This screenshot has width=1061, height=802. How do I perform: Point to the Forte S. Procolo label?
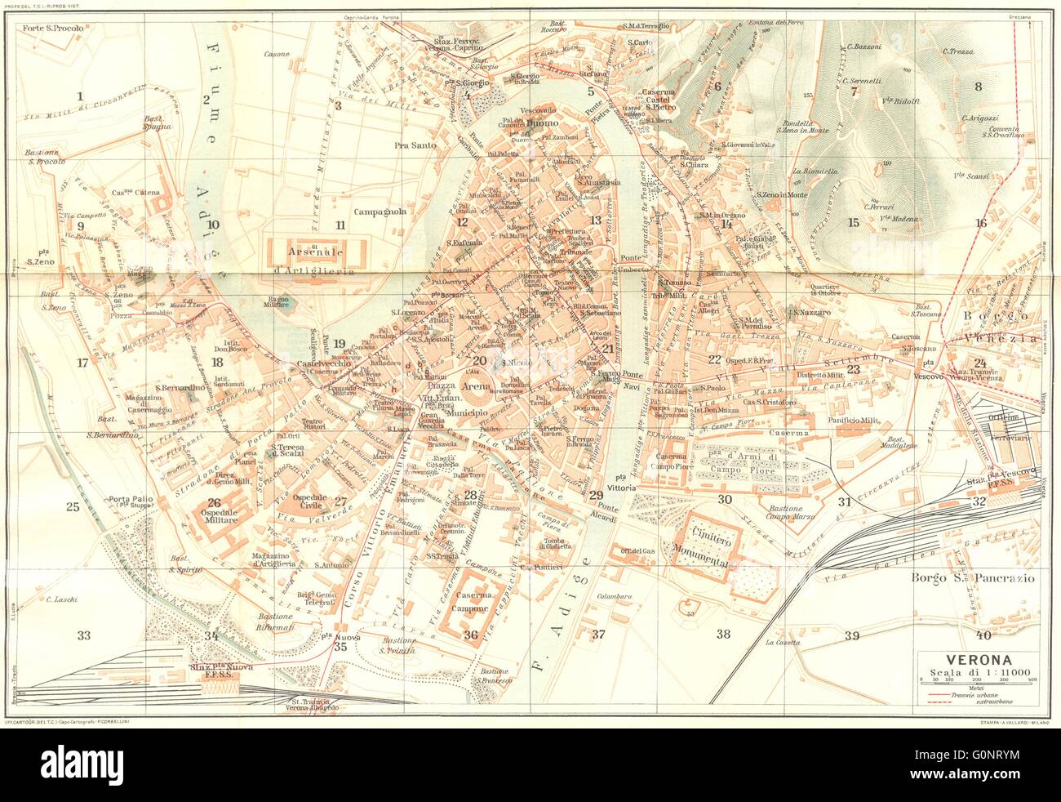tap(54, 29)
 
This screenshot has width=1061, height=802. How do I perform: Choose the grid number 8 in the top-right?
tap(976, 87)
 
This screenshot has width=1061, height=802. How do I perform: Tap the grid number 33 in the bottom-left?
tap(82, 635)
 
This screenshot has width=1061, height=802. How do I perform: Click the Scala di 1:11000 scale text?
tap(979, 672)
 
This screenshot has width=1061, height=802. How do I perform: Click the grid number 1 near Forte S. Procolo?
tap(80, 97)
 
